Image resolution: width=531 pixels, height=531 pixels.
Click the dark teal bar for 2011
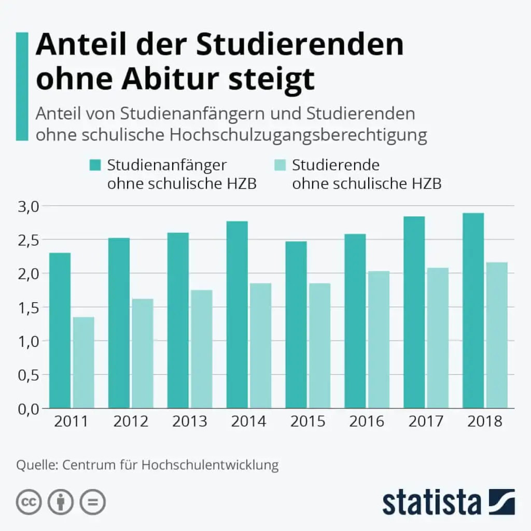pos(60,330)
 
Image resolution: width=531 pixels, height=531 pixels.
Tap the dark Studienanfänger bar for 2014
pos(236,315)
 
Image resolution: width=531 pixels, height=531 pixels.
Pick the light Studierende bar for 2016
pos(379,340)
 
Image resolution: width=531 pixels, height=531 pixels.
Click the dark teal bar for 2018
pos(473,311)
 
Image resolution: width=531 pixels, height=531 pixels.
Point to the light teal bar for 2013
pos(201,349)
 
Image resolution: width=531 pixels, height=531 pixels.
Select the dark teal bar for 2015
pos(296,325)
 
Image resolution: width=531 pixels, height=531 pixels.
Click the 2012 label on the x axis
pos(131,421)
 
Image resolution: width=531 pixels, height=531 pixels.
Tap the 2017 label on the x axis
pos(426,421)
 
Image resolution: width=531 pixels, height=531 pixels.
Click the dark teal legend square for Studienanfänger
pos(95,165)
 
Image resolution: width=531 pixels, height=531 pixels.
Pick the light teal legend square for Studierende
pos(280,165)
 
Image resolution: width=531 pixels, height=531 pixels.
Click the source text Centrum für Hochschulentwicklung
pos(171,465)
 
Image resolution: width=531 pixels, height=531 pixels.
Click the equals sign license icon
pos(92,502)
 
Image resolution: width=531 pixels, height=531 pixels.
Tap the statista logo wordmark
pos(431,502)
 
